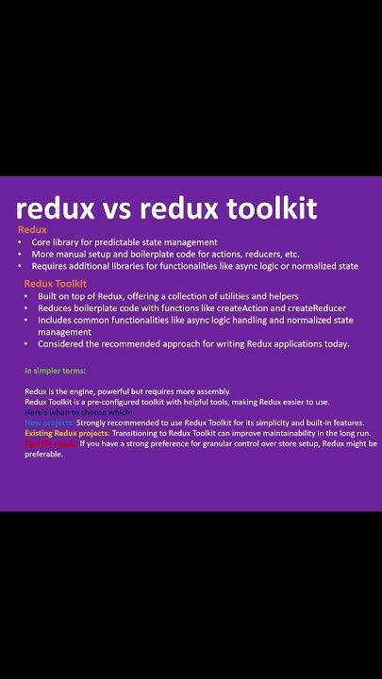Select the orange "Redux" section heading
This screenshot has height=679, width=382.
pyautogui.click(x=32, y=230)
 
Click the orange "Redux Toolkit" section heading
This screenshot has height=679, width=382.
pyautogui.click(x=56, y=283)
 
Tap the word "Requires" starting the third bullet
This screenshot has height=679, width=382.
pyautogui.click(x=50, y=266)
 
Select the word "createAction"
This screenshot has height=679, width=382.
pyautogui.click(x=236, y=308)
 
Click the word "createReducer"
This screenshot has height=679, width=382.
pyautogui.click(x=312, y=308)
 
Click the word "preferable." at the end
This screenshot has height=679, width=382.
pyautogui.click(x=43, y=454)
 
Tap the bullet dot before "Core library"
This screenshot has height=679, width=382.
pyautogui.click(x=22, y=242)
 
